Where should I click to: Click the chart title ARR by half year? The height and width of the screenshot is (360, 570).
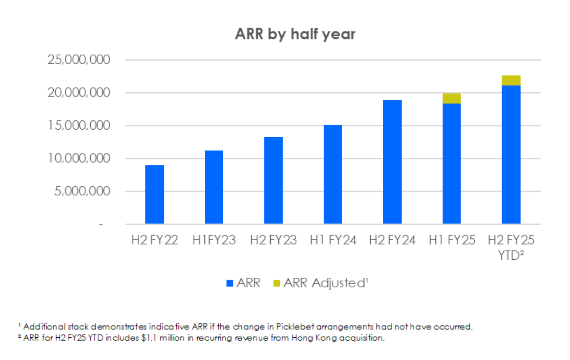pyautogui.click(x=295, y=34)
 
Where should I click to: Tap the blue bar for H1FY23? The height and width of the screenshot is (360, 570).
pyautogui.click(x=214, y=187)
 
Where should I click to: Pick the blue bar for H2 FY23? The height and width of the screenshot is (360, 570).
pyautogui.click(x=274, y=180)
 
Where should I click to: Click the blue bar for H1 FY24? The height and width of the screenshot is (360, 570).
pyautogui.click(x=333, y=174)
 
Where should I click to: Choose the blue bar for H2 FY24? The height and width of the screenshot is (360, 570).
pyautogui.click(x=392, y=162)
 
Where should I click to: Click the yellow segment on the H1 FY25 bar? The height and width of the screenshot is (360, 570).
pyautogui.click(x=452, y=99)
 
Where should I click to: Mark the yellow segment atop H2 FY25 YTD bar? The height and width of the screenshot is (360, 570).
pyautogui.click(x=511, y=80)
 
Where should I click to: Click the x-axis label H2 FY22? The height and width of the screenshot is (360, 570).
pyautogui.click(x=154, y=240)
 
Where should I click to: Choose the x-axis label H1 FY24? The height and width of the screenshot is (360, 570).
pyautogui.click(x=333, y=240)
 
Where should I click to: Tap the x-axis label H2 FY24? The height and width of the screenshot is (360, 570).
pyautogui.click(x=392, y=240)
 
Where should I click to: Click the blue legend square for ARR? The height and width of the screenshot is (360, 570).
pyautogui.click(x=229, y=283)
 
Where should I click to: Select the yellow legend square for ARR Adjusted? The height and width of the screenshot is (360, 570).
pyautogui.click(x=276, y=283)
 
